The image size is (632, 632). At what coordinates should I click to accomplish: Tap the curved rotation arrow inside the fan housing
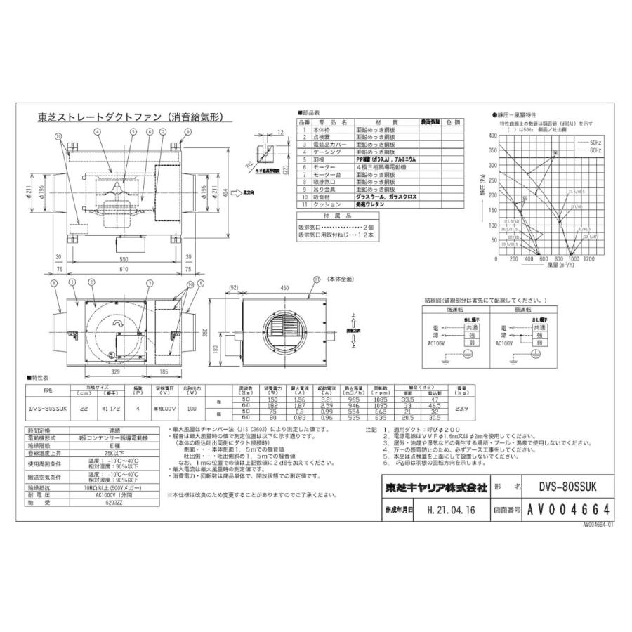119,322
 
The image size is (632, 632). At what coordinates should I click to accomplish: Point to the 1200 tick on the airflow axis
588,259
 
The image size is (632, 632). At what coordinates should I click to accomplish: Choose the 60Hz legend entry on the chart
596,150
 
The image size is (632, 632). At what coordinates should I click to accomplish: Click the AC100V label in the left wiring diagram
434,344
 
